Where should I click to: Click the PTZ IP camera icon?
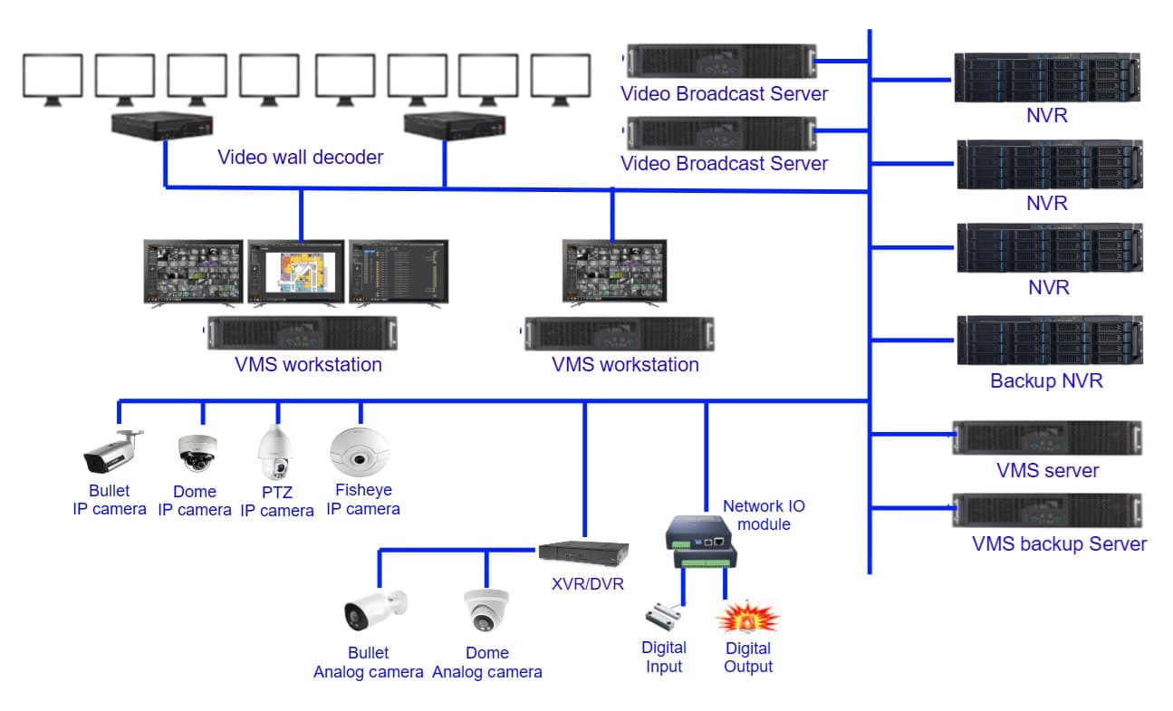pos(275,455)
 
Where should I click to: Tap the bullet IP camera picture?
pos(112,451)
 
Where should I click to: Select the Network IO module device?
pos(700,543)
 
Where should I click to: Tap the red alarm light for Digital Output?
pos(747,618)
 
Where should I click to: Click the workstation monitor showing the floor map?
pos(296,272)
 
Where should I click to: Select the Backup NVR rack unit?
pos(1049,340)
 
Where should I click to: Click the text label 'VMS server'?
pos(1047,470)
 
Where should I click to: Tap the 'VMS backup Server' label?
pos(1059,544)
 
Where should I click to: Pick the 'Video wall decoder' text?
pos(300,157)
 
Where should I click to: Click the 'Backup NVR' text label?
pos(1046,380)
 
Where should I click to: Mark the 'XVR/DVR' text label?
pos(588,583)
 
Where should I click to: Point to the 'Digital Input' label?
pos(664,657)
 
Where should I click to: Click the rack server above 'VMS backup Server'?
pos(1047,511)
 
